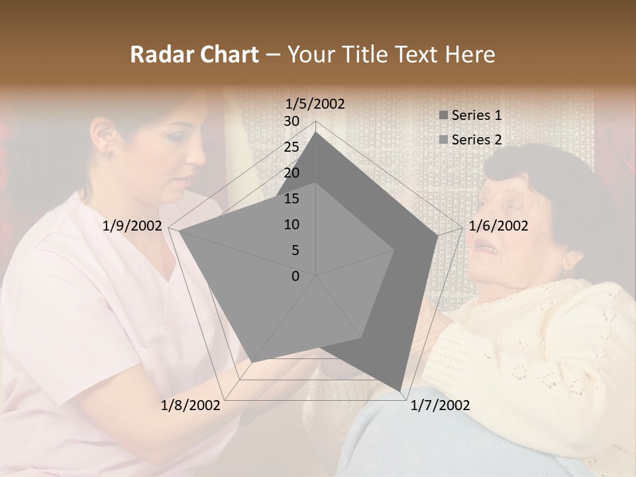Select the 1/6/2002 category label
(498, 226)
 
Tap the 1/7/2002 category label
(440, 405)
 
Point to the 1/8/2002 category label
(191, 405)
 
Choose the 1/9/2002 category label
(132, 226)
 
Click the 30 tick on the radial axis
(291, 121)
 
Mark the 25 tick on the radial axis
(291, 147)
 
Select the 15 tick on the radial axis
(291, 199)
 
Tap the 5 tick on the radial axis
(295, 250)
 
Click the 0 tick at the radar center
(295, 276)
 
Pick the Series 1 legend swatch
(443, 115)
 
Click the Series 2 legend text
(476, 140)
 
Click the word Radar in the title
(160, 54)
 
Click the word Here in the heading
(470, 54)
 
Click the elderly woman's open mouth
(488, 246)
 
